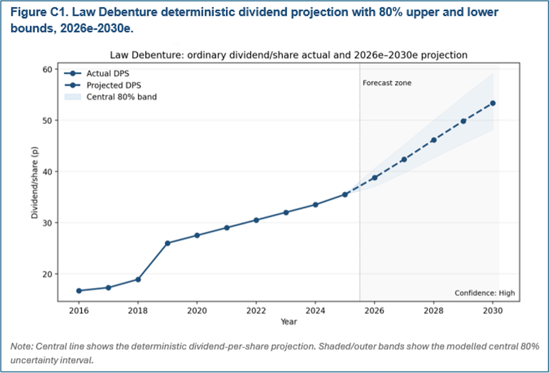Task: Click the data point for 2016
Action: (79, 291)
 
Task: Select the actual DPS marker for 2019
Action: (167, 243)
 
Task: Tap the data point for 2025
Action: (345, 194)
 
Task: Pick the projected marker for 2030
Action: (492, 103)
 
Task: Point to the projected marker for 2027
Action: (404, 159)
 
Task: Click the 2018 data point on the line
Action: (138, 279)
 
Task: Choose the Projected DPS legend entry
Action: (108, 85)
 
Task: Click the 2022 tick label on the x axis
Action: (256, 309)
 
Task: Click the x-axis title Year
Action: (288, 321)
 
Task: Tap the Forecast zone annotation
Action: (386, 83)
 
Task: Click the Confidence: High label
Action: (485, 293)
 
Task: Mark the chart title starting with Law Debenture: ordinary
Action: (288, 55)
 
